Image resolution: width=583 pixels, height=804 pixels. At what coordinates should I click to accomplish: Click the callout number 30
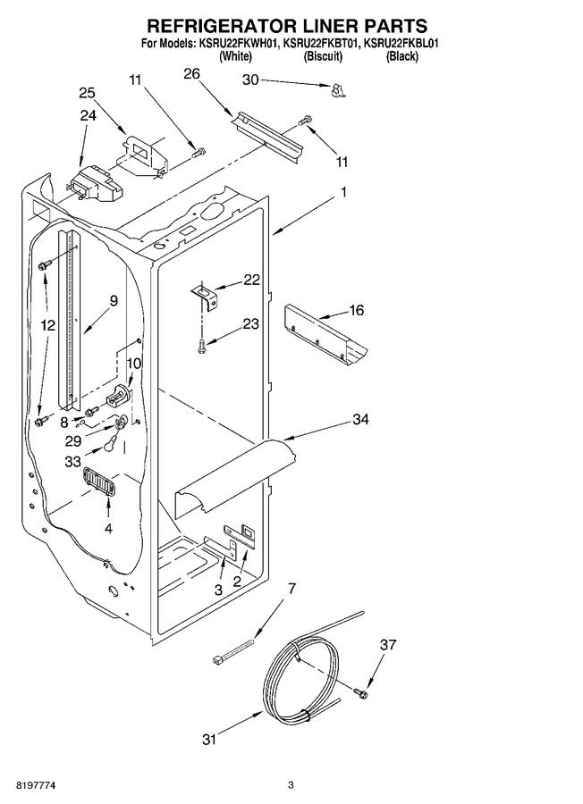250,80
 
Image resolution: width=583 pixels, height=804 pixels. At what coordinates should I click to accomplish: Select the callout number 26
191,74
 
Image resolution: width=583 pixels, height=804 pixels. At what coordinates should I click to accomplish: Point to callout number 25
87,93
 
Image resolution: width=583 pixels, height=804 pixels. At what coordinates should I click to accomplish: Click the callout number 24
88,115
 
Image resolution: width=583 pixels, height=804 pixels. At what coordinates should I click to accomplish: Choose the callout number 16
356,310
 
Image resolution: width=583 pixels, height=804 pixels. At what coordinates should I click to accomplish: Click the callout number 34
360,420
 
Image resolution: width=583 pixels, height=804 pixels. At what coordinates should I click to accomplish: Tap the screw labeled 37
362,693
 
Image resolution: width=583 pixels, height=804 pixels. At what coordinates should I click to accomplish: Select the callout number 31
209,740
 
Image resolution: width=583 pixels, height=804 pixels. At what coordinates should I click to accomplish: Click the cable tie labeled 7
232,650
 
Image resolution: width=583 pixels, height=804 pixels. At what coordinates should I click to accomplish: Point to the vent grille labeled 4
98,482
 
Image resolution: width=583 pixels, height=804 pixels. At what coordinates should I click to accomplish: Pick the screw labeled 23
202,346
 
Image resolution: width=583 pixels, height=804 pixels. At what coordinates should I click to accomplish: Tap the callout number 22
251,280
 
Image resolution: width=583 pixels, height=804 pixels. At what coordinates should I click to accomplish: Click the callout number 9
114,300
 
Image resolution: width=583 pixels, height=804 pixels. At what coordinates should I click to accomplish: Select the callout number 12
48,325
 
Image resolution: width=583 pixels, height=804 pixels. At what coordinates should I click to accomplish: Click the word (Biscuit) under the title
323,56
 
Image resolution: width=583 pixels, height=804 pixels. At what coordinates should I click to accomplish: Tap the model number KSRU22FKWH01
237,44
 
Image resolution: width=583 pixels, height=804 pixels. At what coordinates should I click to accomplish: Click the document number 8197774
36,785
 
